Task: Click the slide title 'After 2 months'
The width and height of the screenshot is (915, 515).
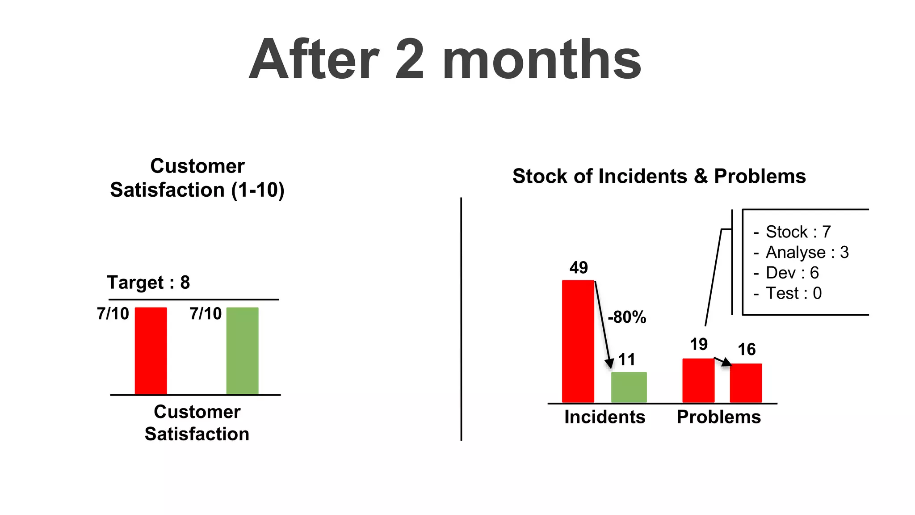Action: tap(445, 59)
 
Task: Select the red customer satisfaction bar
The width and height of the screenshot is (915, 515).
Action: tap(151, 351)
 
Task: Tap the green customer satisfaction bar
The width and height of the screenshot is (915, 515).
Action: tap(242, 351)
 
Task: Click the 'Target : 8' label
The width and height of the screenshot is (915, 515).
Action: tap(148, 283)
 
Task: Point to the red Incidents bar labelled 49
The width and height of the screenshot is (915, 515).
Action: tap(578, 342)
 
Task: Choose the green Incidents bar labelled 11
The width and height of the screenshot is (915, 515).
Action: tap(629, 387)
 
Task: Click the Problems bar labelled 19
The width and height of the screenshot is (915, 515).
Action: tap(698, 380)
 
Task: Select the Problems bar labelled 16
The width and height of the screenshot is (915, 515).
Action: tap(746, 383)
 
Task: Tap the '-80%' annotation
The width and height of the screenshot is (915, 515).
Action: tap(627, 317)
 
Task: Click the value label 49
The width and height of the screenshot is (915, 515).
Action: tap(579, 268)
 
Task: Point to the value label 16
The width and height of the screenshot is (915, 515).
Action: tap(746, 350)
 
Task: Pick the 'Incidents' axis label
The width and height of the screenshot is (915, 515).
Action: tap(604, 417)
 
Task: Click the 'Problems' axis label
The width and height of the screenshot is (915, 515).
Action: tap(718, 417)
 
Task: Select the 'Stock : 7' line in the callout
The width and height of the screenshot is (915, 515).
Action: tap(798, 232)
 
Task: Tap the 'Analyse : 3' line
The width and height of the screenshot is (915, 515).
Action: tap(807, 253)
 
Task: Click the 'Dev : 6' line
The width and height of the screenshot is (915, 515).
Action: tap(792, 273)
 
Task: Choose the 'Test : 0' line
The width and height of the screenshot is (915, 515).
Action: tap(793, 293)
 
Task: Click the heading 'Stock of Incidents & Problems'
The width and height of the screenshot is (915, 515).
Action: tap(659, 176)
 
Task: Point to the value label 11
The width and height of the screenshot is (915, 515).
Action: tap(626, 360)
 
